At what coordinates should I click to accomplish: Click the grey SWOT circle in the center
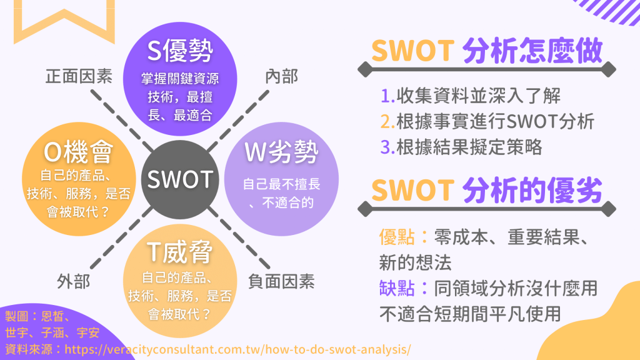tap(180, 179)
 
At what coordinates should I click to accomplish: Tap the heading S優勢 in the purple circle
tap(180, 51)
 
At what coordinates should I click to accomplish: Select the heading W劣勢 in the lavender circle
tap(281, 152)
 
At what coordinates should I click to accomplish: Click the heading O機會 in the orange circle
tap(78, 152)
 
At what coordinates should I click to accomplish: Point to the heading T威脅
tap(180, 251)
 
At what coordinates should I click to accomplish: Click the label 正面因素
tap(79, 76)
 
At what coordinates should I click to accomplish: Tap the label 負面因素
tap(281, 282)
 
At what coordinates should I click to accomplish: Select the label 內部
tap(282, 76)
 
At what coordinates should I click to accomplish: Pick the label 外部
tap(74, 282)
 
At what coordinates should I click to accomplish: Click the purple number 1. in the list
tap(387, 96)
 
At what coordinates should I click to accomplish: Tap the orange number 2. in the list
tap(387, 122)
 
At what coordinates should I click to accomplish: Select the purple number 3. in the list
tap(387, 147)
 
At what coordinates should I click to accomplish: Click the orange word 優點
tap(397, 237)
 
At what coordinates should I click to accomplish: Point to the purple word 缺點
tap(397, 287)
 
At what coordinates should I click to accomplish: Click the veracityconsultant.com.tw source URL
tap(238, 349)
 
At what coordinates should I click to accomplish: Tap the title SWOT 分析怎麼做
tap(487, 51)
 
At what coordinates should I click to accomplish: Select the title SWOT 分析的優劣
tap(487, 190)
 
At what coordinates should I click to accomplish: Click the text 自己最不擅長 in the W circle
tap(282, 184)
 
